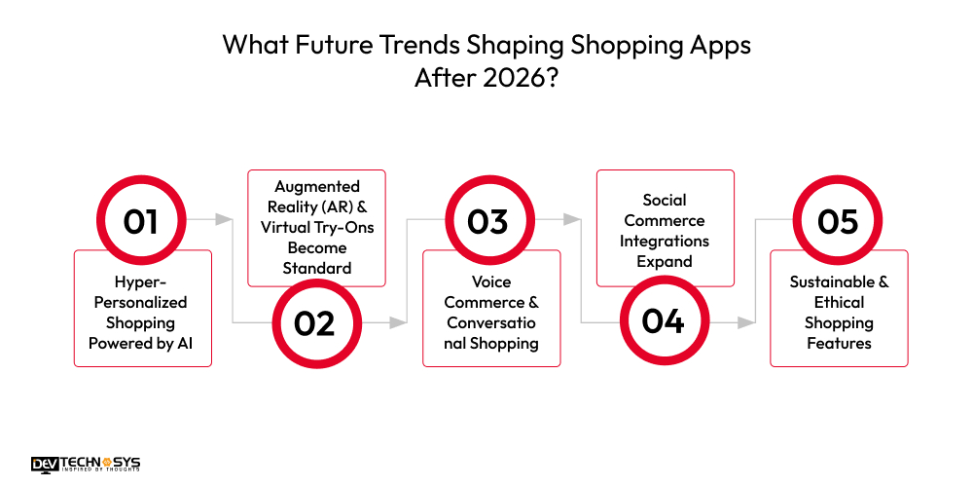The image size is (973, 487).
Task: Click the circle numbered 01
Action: (x=141, y=222)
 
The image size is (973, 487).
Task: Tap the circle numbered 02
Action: (x=314, y=322)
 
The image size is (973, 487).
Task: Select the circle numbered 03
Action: (x=488, y=222)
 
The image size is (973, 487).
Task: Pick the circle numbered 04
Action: (x=663, y=322)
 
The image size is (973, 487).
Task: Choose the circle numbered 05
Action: (x=838, y=222)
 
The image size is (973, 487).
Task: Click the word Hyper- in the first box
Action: (x=142, y=281)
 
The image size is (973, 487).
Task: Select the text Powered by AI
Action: (x=142, y=343)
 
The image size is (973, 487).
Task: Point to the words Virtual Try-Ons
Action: (x=317, y=227)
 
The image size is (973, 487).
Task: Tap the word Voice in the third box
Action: (x=491, y=281)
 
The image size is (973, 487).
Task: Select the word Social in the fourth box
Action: (x=665, y=200)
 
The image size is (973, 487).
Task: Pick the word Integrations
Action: (x=665, y=241)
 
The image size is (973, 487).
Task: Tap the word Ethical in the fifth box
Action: (x=839, y=302)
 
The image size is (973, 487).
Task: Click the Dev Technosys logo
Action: (x=86, y=465)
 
